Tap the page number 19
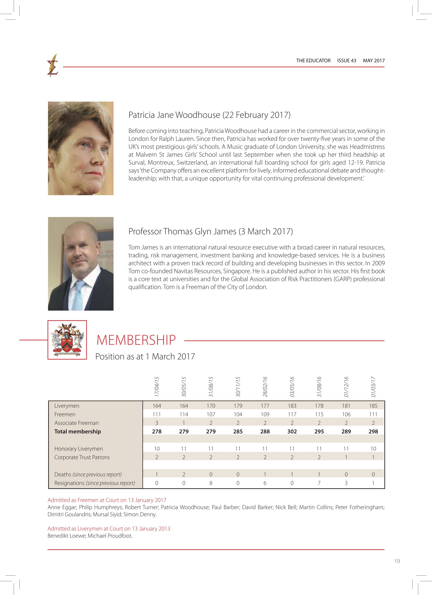click(397, 561)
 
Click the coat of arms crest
click(67, 340)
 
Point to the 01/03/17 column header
click(373, 387)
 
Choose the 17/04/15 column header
click(157, 387)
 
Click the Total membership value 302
click(292, 432)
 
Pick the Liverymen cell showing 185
click(373, 406)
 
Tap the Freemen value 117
click(292, 414)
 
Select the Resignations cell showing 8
click(211, 483)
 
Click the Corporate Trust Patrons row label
click(82, 457)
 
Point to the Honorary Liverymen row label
click(78, 449)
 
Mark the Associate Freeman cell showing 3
click(157, 423)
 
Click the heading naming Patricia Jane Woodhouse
click(209, 115)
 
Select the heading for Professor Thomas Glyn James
click(210, 231)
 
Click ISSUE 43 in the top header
click(346, 61)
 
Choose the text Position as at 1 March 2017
click(145, 357)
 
